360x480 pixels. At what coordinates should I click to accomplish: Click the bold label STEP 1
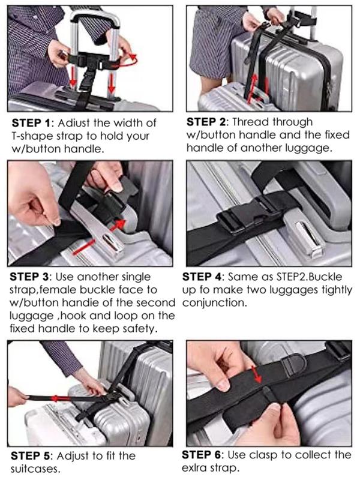coord(31,123)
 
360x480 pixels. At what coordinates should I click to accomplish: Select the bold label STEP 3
coord(29,277)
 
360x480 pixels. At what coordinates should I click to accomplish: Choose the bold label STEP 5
coord(30,456)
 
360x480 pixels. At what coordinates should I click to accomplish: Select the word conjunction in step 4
coord(214,303)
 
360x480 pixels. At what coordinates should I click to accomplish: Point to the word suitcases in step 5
coord(35,469)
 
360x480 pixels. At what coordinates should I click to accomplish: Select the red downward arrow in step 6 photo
coord(257,374)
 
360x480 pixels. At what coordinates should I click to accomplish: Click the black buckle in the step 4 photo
coord(247,214)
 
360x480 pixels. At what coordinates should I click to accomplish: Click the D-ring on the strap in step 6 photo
coord(294,364)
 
